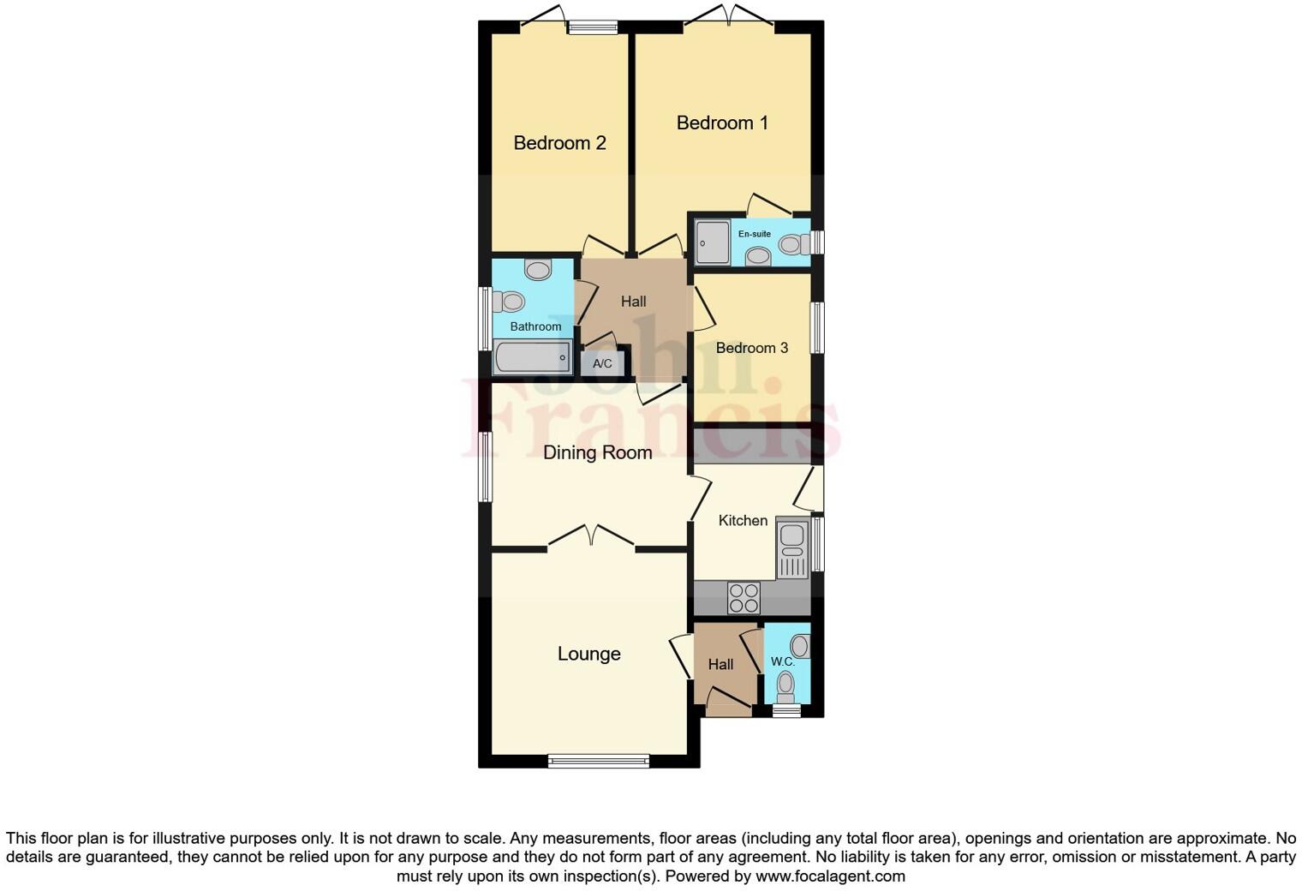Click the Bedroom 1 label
click(722, 123)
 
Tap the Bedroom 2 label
click(559, 143)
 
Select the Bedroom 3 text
click(751, 348)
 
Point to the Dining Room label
click(597, 452)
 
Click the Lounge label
click(588, 654)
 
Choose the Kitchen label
click(743, 520)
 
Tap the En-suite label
click(755, 234)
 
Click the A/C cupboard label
click(602, 363)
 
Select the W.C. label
click(783, 661)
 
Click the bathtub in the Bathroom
click(531, 357)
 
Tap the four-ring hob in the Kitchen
click(744, 597)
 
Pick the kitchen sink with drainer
click(792, 549)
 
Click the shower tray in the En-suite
click(712, 242)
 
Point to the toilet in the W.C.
click(785, 685)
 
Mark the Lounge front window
click(599, 760)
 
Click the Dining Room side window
click(486, 466)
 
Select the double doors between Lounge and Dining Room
click(591, 537)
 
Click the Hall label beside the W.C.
click(720, 664)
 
